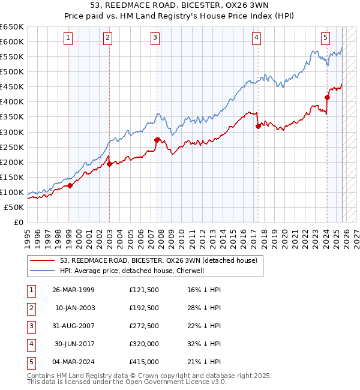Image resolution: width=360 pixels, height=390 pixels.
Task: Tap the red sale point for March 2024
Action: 328,97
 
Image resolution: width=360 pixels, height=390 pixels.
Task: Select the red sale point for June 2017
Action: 258,126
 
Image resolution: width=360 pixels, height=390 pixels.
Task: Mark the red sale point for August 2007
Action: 157,140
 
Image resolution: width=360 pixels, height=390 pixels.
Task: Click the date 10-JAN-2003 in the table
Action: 75,308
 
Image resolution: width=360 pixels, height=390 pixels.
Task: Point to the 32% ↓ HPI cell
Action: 204,344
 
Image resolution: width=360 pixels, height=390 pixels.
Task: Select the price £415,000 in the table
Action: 144,362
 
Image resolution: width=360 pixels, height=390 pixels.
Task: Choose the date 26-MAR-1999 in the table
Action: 74,290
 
